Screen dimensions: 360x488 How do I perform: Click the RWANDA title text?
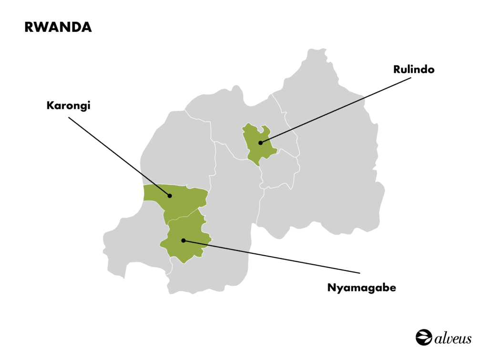58,28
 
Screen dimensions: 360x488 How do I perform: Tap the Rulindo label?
414,70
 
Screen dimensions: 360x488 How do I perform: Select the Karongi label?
68,105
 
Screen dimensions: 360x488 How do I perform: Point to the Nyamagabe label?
362,288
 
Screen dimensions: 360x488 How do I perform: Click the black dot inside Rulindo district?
260,142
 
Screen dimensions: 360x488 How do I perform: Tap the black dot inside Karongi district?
169,195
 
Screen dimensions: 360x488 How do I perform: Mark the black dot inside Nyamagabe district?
183,240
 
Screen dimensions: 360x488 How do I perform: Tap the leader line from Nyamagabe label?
272,257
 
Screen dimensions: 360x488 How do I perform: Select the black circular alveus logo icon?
424,337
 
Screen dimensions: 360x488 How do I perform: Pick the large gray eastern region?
334,167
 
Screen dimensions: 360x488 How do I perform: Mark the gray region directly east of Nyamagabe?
229,210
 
